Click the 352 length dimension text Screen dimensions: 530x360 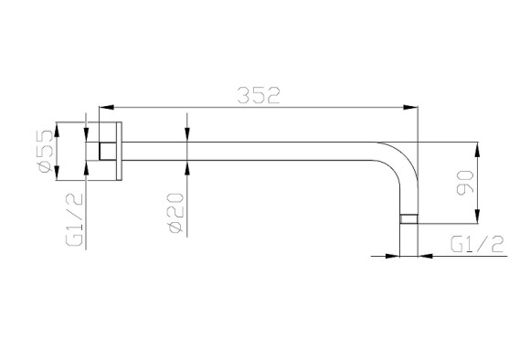click(x=259, y=95)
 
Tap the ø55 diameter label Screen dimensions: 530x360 click(x=47, y=151)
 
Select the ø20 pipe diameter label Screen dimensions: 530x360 click(x=176, y=213)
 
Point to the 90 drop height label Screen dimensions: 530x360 click(x=465, y=184)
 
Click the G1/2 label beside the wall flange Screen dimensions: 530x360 click(x=74, y=219)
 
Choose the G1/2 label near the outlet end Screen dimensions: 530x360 click(x=477, y=244)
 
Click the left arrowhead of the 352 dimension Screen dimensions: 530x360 click(x=106, y=107)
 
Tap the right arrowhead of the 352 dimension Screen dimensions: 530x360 click(x=410, y=107)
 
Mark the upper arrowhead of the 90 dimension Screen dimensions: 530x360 click(x=477, y=150)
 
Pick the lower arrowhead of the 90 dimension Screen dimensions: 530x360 click(x=477, y=217)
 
